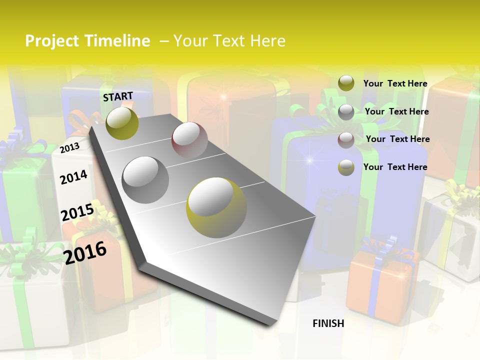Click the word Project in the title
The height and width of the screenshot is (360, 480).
point(52,41)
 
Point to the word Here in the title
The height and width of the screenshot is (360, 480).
point(268,41)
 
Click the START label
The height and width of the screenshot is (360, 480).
point(118,96)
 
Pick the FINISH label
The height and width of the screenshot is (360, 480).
point(328,323)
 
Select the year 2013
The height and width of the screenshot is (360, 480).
point(69,147)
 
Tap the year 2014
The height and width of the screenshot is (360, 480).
point(73,177)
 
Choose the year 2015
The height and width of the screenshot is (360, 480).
point(77,212)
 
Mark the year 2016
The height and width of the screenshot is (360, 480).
point(85,252)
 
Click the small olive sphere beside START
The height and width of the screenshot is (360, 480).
point(122,123)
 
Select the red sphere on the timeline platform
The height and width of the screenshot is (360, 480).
point(189,139)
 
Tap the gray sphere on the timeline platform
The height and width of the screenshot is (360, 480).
point(145,179)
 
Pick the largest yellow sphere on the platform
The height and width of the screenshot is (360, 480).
point(216,207)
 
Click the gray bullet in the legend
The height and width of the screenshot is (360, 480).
point(346,112)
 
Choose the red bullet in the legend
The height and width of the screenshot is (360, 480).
point(346,139)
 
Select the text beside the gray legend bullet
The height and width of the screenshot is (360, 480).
point(396,111)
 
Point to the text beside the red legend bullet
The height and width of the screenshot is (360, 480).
point(397,139)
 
